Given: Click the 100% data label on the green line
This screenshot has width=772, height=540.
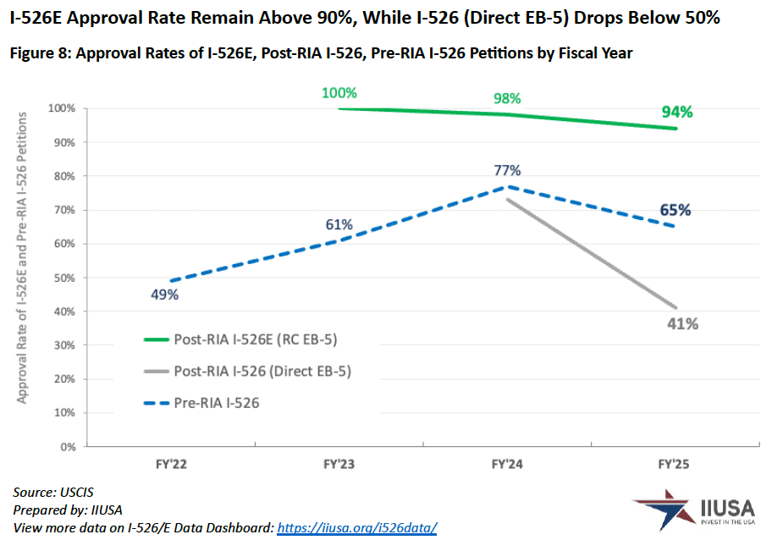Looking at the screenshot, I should pyautogui.click(x=339, y=93).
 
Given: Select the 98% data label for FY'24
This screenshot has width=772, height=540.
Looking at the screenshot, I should pyautogui.click(x=508, y=98).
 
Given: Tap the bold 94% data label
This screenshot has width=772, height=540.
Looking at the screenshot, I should pyautogui.click(x=676, y=112).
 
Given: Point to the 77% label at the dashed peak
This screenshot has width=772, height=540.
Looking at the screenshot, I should pyautogui.click(x=508, y=169).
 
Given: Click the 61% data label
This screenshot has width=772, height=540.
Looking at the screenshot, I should pyautogui.click(x=339, y=224).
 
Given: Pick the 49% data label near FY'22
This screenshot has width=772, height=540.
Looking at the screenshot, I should pyautogui.click(x=165, y=295).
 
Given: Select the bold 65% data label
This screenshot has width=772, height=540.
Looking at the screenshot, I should pyautogui.click(x=675, y=210).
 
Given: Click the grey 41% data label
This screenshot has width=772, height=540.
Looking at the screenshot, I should pyautogui.click(x=681, y=324).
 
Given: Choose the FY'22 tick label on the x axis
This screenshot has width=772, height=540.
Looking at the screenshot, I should pyautogui.click(x=170, y=465).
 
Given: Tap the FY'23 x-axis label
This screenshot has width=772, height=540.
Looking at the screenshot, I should pyautogui.click(x=339, y=465).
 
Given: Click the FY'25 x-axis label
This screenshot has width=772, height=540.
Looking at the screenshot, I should pyautogui.click(x=675, y=465).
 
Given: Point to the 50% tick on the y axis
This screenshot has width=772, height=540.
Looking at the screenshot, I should pyautogui.click(x=65, y=278).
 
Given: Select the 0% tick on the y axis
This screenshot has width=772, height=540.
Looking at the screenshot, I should pyautogui.click(x=69, y=446).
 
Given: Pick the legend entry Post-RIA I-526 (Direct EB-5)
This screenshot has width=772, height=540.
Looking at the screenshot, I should pyautogui.click(x=262, y=371).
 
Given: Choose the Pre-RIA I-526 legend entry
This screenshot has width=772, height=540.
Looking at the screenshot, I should pyautogui.click(x=217, y=403).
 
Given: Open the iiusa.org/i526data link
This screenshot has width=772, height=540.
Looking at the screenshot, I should pyautogui.click(x=357, y=527).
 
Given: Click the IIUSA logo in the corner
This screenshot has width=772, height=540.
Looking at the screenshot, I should pyautogui.click(x=696, y=510).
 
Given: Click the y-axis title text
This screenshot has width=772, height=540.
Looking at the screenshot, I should pyautogui.click(x=23, y=258).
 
